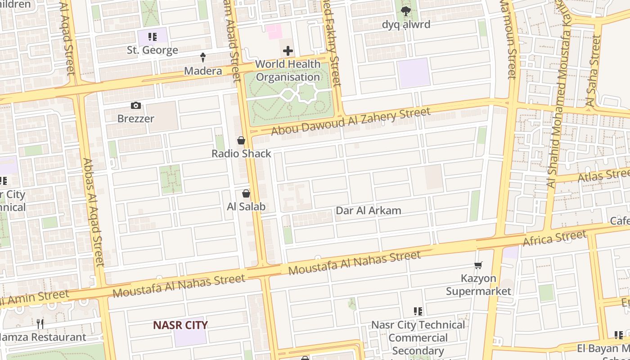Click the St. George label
(x=152, y=50)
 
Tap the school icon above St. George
(x=153, y=37)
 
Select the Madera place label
(x=203, y=71)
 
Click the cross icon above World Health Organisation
(x=288, y=51)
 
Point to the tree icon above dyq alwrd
(x=406, y=11)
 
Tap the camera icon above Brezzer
(x=135, y=106)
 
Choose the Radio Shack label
(x=241, y=153)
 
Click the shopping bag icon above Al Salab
(x=246, y=194)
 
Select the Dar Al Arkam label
(x=369, y=211)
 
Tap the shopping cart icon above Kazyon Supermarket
(x=478, y=265)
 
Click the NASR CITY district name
(x=180, y=325)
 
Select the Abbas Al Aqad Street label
(x=93, y=211)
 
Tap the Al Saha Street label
(x=594, y=72)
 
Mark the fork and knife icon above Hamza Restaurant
(x=40, y=324)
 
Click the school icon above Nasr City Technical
(x=418, y=311)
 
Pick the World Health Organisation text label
(x=288, y=71)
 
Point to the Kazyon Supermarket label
(x=478, y=285)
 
